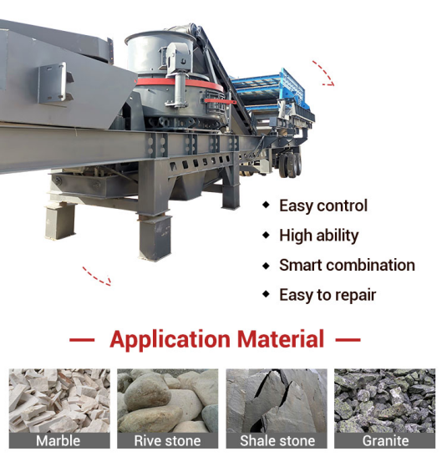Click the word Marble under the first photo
(x=58, y=441)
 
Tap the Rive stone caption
(x=167, y=441)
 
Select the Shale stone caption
(x=277, y=441)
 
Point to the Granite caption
(x=385, y=441)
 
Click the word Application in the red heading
(x=170, y=339)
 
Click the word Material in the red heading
(x=281, y=339)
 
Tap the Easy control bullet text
(x=323, y=206)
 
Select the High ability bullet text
(x=319, y=236)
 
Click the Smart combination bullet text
(x=347, y=265)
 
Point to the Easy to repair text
(x=328, y=295)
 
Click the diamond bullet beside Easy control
(x=266, y=206)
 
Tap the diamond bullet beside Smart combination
(x=266, y=266)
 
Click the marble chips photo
(x=59, y=401)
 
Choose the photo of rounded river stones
(x=168, y=401)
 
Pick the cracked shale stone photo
(x=277, y=401)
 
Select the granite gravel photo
(x=384, y=401)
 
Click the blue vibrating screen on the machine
(x=271, y=90)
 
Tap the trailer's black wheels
(x=290, y=164)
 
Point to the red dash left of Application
(x=82, y=340)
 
